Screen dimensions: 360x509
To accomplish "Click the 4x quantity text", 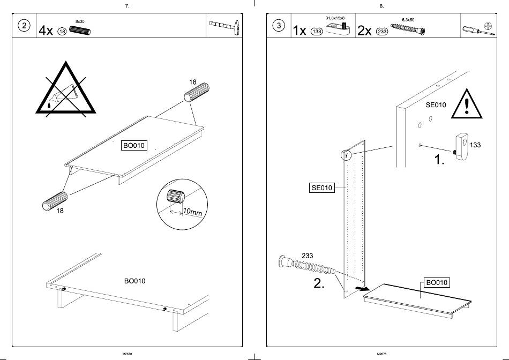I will tap(46, 31).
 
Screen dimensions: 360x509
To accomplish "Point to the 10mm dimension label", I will tap(192, 212).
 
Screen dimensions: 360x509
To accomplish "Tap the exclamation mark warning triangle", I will tap(467, 106).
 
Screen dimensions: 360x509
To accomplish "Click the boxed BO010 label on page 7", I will tap(134, 145).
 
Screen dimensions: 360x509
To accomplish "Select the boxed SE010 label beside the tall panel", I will tap(322, 187).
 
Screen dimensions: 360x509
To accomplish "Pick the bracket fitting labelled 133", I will tap(460, 145).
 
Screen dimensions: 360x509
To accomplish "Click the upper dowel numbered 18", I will tap(197, 93).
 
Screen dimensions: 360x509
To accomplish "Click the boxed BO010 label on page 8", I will tap(437, 282).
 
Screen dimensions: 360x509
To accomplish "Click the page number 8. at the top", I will tap(381, 6).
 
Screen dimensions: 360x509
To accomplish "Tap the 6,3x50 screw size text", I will tap(408, 20).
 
